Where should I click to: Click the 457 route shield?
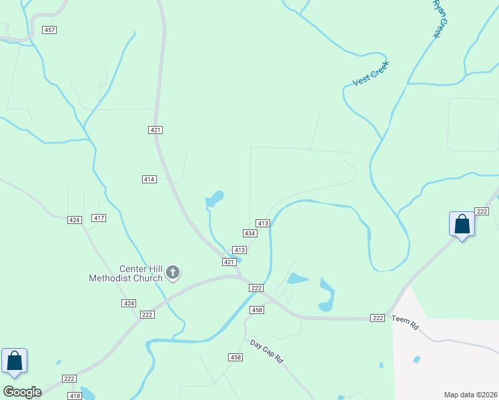[x=49, y=30]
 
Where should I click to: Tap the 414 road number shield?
[x=149, y=179]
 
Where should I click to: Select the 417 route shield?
[x=99, y=218]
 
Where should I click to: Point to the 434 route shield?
[x=249, y=233]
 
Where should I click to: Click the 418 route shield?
[x=75, y=396]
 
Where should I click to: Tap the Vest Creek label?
[x=370, y=73]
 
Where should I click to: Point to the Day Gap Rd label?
[x=267, y=352]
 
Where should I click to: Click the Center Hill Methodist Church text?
[x=126, y=273]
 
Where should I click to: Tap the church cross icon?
[x=173, y=272]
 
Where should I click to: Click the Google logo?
[x=22, y=392]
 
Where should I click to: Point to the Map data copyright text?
[x=471, y=395]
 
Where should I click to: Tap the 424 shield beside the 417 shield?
[x=75, y=219]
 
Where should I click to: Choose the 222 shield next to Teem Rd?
[x=378, y=318]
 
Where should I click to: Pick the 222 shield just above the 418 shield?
[x=69, y=378]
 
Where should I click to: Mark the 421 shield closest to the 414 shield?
[x=155, y=130]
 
